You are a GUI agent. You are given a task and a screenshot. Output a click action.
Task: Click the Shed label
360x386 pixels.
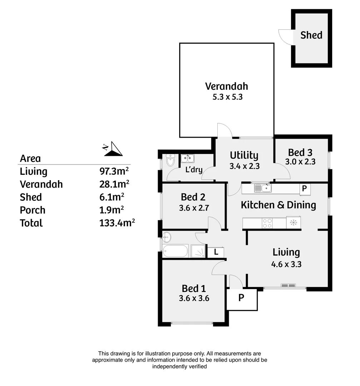[311, 35]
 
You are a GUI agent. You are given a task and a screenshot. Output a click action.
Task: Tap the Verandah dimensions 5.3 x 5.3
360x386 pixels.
[226, 96]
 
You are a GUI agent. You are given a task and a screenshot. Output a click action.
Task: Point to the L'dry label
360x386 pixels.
[194, 169]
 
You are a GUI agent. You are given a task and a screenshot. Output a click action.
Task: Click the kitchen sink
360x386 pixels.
[263, 188]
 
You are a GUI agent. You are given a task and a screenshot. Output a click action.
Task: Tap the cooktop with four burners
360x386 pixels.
[267, 223]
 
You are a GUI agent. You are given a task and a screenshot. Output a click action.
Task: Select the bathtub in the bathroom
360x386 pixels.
[175, 251]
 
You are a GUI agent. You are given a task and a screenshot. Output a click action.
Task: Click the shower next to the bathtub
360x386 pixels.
[198, 251]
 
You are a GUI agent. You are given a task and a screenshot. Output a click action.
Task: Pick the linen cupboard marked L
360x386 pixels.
[216, 252]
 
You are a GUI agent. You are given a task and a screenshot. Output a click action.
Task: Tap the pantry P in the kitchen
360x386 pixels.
[305, 189]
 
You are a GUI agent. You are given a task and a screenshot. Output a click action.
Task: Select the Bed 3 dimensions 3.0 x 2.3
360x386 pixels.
[300, 162]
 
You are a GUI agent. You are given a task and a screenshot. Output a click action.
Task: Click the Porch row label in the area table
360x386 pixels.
[33, 210]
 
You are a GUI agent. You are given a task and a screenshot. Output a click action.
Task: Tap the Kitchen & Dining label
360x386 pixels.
[278, 205]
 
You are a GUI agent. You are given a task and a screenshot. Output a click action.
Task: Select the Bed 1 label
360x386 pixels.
[193, 288]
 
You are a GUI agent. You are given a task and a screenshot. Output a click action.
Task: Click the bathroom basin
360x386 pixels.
[167, 237]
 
